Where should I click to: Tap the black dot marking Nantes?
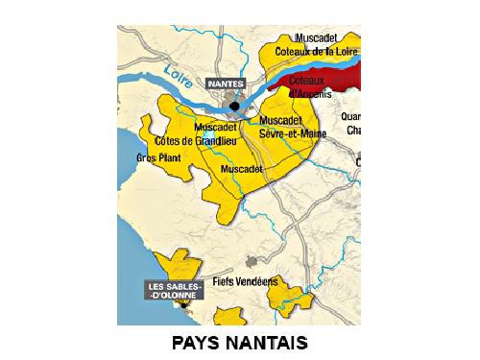click(233, 106)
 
